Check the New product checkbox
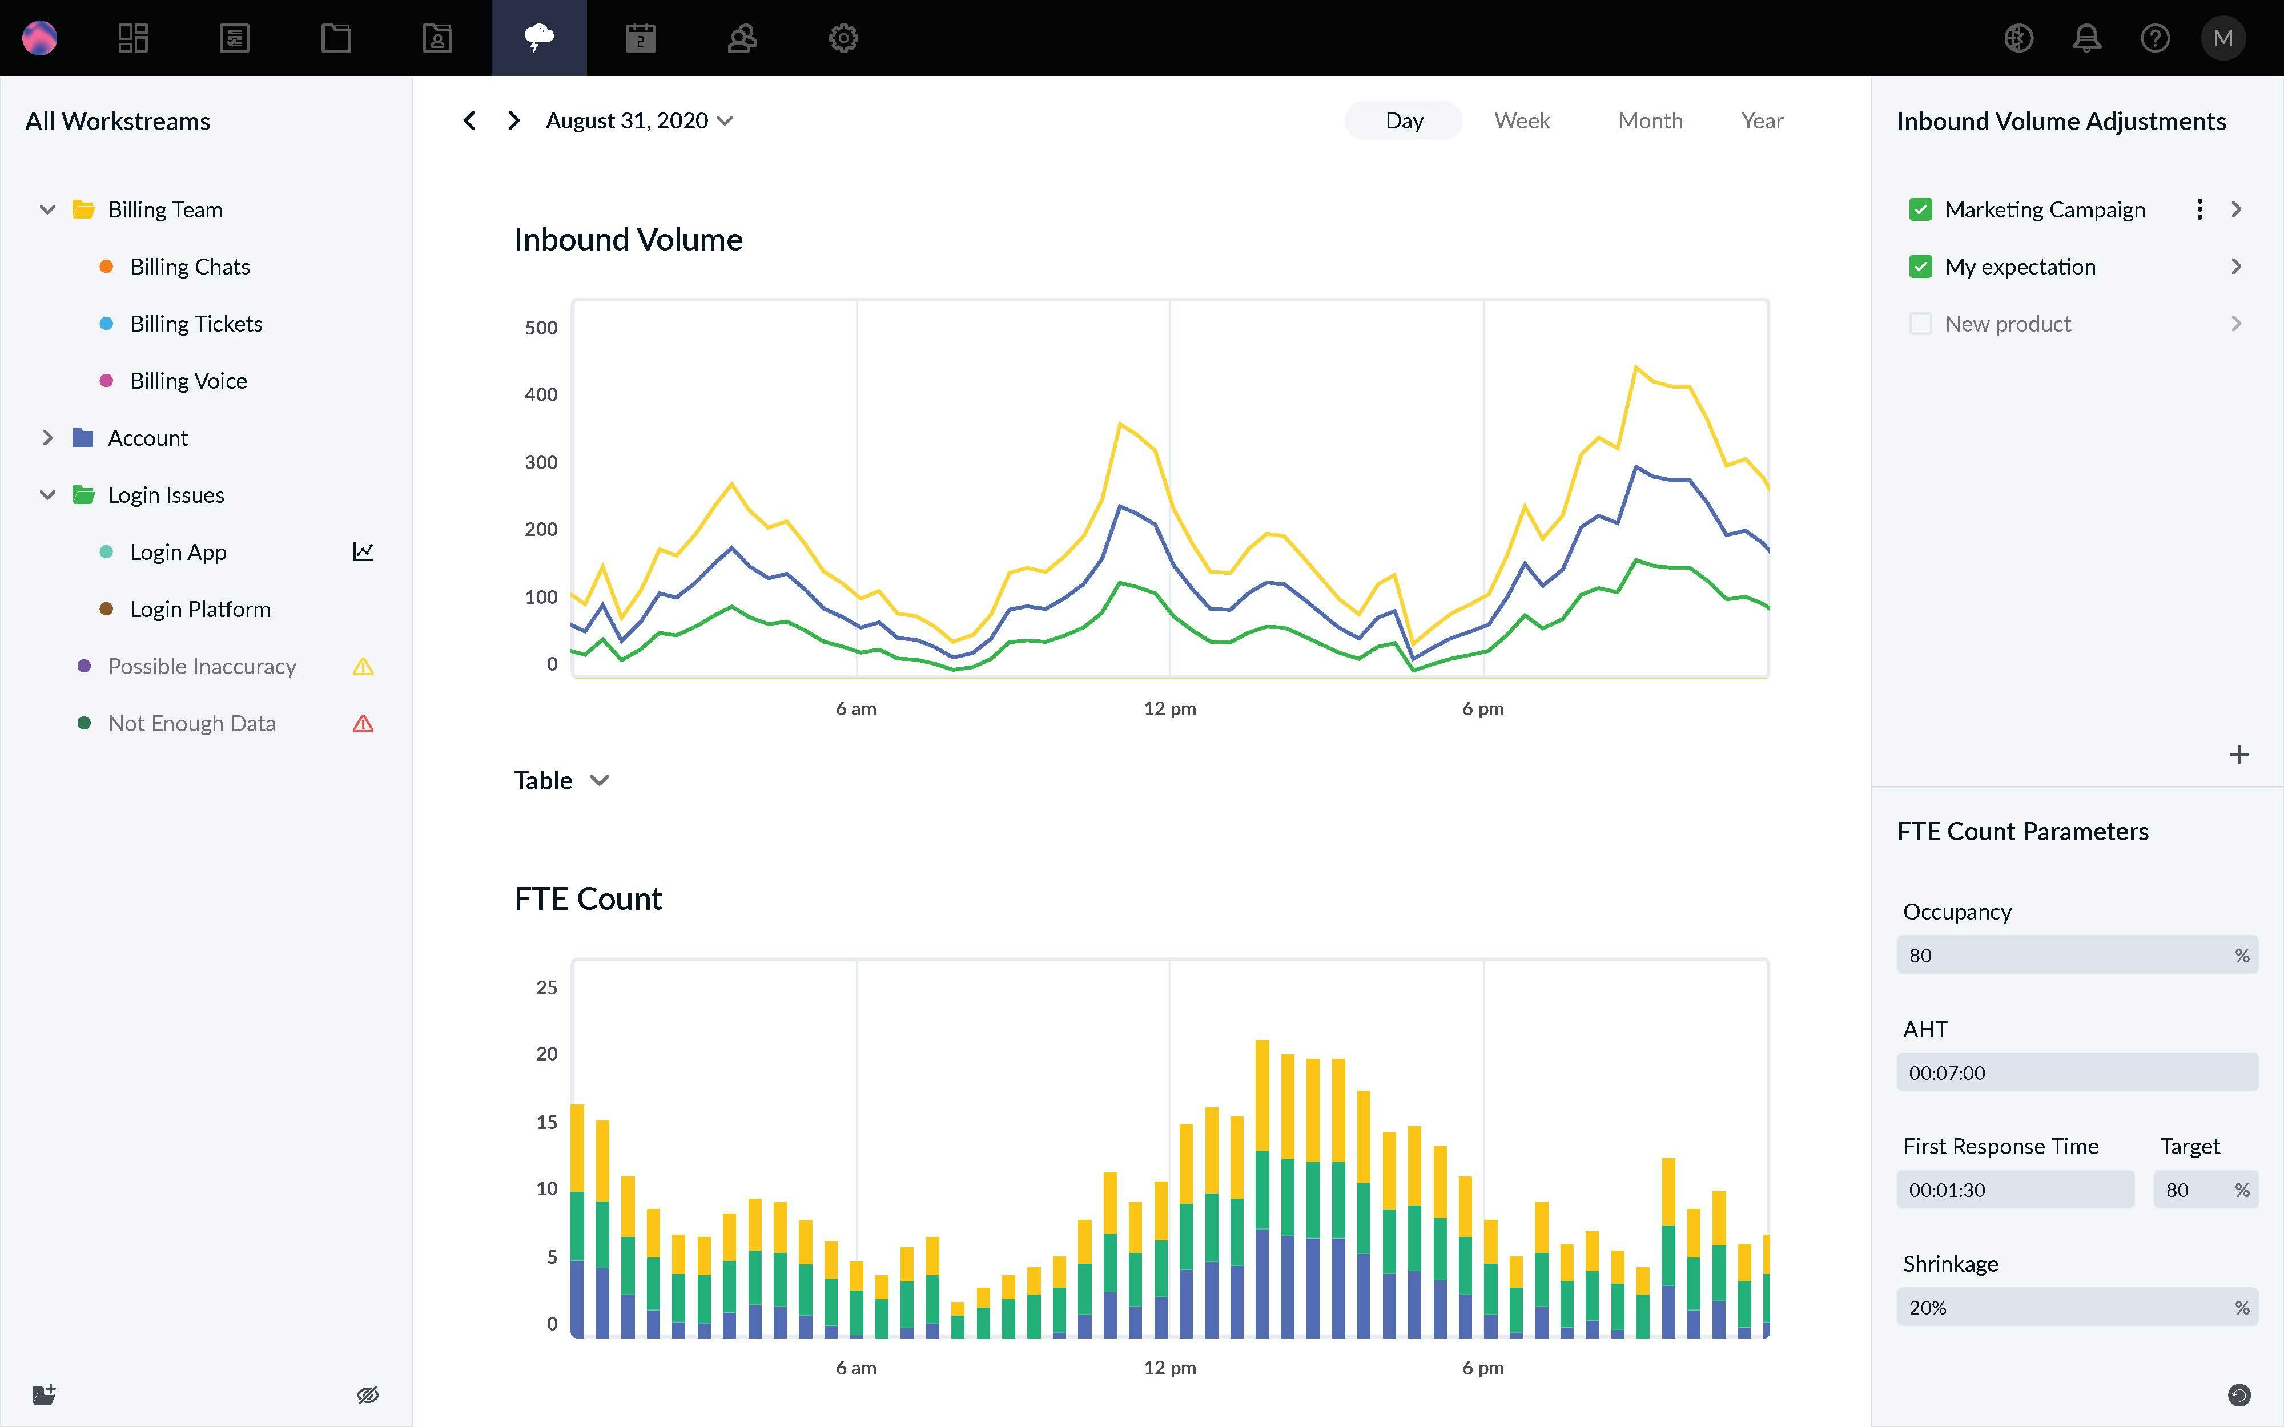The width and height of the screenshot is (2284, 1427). coord(1920,324)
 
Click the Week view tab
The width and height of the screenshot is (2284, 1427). coord(1521,121)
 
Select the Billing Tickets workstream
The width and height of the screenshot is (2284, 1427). coord(196,324)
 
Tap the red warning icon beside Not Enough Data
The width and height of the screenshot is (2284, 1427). coord(363,724)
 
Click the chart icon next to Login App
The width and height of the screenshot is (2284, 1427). coord(363,552)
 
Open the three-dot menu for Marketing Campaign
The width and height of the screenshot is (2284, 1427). coord(2199,209)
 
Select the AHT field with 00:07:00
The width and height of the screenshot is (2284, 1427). coord(2076,1073)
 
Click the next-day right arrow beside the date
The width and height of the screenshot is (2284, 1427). coord(513,121)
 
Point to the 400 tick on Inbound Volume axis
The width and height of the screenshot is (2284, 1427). coord(541,394)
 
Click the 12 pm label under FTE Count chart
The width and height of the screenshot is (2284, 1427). coord(1169,1368)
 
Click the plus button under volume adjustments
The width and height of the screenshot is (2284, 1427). coord(2239,755)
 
